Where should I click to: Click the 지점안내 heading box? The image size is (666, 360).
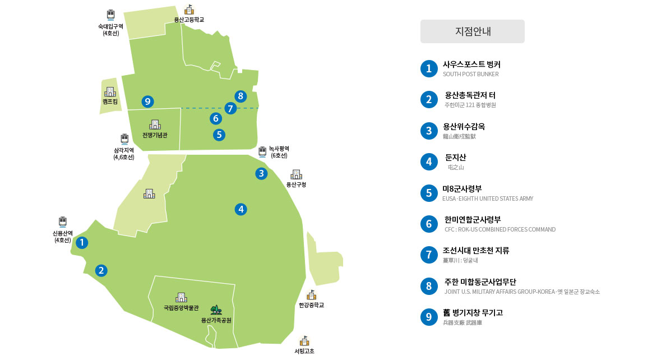pyautogui.click(x=472, y=31)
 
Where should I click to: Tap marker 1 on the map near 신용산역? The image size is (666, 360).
pyautogui.click(x=82, y=243)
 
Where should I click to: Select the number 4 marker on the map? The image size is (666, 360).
pyautogui.click(x=240, y=209)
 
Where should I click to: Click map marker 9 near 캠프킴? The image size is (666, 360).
pyautogui.click(x=147, y=101)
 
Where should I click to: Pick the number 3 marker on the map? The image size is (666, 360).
pyautogui.click(x=261, y=173)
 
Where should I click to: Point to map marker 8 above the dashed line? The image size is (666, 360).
pyautogui.click(x=240, y=96)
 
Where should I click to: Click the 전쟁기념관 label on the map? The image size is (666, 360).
pyautogui.click(x=155, y=135)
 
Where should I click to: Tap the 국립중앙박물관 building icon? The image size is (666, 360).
pyautogui.click(x=181, y=297)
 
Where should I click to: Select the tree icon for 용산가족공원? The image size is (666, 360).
pyautogui.click(x=216, y=310)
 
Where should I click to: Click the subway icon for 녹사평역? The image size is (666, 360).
pyautogui.click(x=262, y=151)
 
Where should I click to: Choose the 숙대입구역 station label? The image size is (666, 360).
pyautogui.click(x=110, y=29)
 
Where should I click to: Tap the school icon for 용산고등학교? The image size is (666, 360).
pyautogui.click(x=189, y=10)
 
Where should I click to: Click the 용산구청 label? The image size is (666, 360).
pyautogui.click(x=296, y=184)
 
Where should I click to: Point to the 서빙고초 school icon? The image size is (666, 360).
pyautogui.click(x=304, y=341)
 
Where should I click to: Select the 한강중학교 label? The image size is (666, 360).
pyautogui.click(x=311, y=306)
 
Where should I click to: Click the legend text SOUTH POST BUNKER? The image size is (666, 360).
pyautogui.click(x=470, y=74)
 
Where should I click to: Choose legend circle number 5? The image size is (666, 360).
pyautogui.click(x=429, y=193)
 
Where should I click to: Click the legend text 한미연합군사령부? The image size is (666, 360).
pyautogui.click(x=472, y=219)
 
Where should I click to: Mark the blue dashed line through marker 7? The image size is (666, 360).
pyautogui.click(x=196, y=108)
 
